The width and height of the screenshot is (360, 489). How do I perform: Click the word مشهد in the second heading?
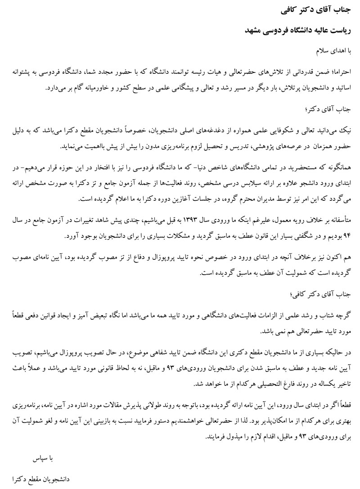(x=253, y=30)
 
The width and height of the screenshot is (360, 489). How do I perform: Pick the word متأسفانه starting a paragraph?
(x=343, y=220)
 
